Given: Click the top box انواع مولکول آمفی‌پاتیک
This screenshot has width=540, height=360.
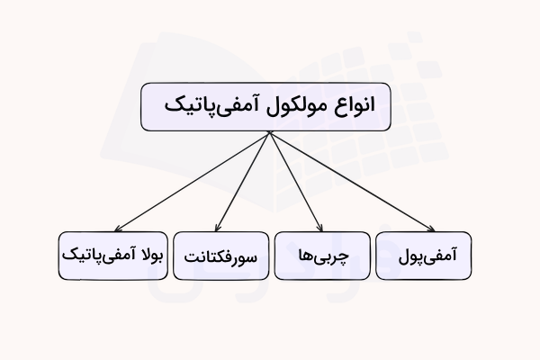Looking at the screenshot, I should pyautogui.click(x=270, y=107).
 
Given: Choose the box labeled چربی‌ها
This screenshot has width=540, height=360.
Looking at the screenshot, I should pyautogui.click(x=321, y=256).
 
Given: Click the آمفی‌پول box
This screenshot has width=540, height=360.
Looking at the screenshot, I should pyautogui.click(x=422, y=254).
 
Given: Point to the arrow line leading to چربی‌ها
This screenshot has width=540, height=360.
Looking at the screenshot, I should pyautogui.click(x=295, y=181).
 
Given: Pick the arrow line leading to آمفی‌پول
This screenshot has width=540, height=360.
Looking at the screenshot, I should pyautogui.click(x=351, y=181).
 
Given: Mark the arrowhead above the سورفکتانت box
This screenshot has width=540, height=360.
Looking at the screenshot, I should pyautogui.click(x=221, y=229).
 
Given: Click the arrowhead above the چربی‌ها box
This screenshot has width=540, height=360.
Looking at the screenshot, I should pyautogui.click(x=320, y=229).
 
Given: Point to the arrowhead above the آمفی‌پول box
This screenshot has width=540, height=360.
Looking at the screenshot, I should pyautogui.click(x=429, y=229).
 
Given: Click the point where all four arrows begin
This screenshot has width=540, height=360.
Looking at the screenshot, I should pyautogui.click(x=269, y=133).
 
